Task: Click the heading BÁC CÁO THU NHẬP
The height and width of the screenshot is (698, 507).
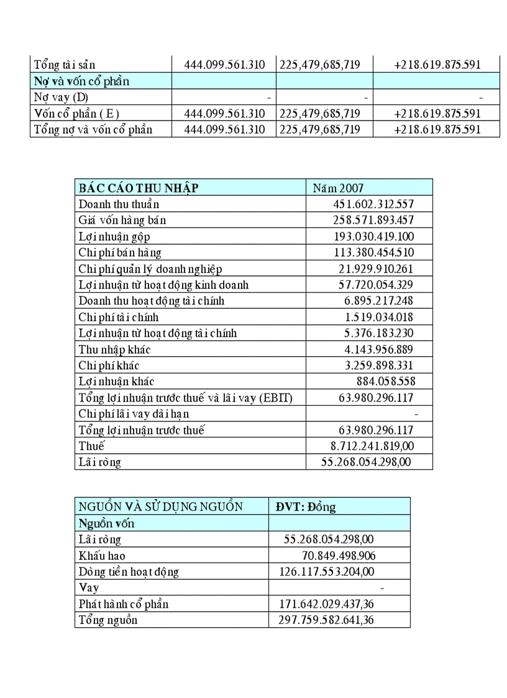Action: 138,188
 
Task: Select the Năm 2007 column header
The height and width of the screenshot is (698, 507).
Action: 338,188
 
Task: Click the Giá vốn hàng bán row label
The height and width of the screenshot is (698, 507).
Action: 122,220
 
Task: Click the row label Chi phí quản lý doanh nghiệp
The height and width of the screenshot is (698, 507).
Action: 150,269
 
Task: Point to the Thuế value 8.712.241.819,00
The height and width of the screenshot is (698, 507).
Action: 372,446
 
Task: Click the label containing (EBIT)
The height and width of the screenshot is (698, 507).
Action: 185,398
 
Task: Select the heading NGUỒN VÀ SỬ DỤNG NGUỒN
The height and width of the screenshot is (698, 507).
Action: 160,507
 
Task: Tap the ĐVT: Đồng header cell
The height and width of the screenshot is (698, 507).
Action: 306,507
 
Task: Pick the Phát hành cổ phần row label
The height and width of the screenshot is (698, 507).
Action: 124,604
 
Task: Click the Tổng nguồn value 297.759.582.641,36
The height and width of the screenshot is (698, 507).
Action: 322,620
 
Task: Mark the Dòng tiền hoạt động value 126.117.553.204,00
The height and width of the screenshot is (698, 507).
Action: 322,572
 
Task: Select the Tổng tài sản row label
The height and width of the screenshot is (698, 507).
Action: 65,65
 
